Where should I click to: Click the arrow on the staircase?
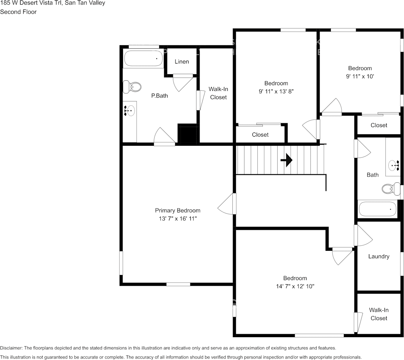coord(286,160)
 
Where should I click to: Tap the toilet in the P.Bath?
coord(132,87)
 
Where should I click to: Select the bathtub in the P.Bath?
coord(143,59)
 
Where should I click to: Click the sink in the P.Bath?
coord(129,111)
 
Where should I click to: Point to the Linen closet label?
coord(182,62)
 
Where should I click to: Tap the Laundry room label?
coord(378,256)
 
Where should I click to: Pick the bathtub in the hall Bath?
coord(378,209)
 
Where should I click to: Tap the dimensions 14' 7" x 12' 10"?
coord(295,286)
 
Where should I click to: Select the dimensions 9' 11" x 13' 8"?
coord(276,91)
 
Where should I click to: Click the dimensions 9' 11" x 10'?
coord(360,76)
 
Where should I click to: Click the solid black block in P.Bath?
coord(187,134)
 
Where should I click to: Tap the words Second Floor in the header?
coord(18,12)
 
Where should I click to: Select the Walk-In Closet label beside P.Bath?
coord(218,93)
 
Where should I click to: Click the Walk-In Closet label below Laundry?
coord(378,314)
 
